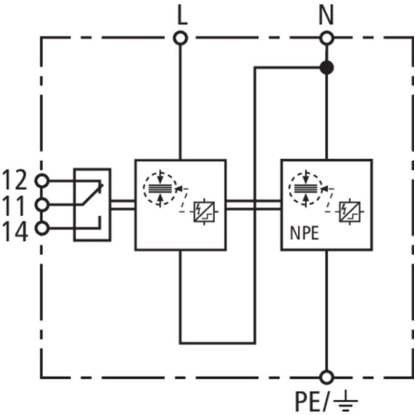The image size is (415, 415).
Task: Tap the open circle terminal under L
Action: [181, 38]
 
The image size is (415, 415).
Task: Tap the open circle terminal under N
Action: [327, 38]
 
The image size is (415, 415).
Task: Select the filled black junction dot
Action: [326, 67]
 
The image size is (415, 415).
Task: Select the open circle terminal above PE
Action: [327, 377]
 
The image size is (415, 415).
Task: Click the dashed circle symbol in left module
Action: [160, 187]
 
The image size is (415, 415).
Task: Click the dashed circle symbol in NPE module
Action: [306, 187]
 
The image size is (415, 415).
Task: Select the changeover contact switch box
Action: [92, 204]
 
